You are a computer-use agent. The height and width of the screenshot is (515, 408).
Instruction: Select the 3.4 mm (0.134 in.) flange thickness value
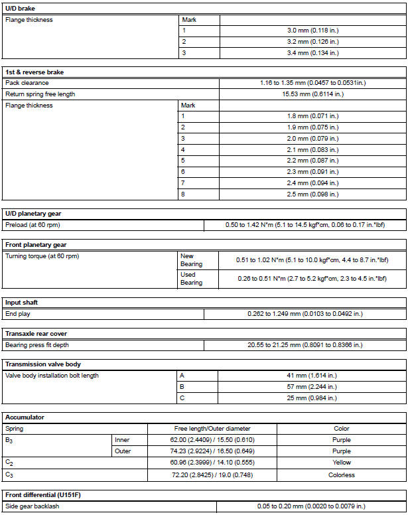[x=312, y=52]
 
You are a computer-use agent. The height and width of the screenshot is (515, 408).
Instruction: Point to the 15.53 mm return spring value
[x=312, y=94]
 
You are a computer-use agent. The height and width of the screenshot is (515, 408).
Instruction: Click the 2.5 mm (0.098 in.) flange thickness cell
[x=312, y=194]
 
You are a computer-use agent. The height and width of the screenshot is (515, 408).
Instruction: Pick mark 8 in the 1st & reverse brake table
[x=183, y=194]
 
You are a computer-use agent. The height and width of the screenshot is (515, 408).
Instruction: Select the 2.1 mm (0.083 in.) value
[x=312, y=150]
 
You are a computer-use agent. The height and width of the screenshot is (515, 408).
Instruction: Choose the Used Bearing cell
[x=192, y=279]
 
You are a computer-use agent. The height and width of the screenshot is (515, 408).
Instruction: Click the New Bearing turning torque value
[x=312, y=260]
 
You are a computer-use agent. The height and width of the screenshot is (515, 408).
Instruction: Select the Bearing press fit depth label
[x=36, y=345]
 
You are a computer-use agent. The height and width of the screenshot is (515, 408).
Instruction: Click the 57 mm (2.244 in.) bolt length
[x=312, y=387]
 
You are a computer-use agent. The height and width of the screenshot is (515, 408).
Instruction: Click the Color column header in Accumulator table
[x=341, y=429]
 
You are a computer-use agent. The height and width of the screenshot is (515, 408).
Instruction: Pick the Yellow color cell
[x=341, y=463]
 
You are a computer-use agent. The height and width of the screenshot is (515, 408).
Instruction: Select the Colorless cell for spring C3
[x=341, y=475]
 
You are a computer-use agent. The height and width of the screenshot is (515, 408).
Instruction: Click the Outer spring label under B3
[x=123, y=451]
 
